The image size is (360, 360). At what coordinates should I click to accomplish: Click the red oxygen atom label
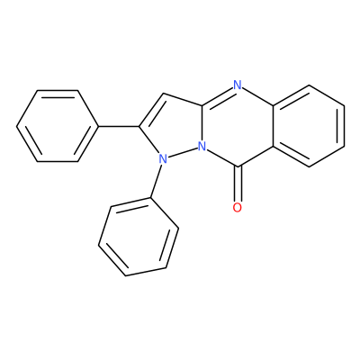coord(237,207)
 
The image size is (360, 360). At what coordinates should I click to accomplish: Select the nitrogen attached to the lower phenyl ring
coord(162,158)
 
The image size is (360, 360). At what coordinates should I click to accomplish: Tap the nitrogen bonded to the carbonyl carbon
coord(202,147)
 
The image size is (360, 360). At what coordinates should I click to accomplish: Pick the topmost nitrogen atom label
coord(237,85)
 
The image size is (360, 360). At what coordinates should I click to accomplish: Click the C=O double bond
coord(238,184)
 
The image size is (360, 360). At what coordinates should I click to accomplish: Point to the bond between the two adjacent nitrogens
coord(182,153)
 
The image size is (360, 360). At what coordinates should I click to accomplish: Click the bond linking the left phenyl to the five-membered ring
coord(119,126)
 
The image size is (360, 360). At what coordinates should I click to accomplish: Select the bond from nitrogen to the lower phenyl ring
coord(156,181)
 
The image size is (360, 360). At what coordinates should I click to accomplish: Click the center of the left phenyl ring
coord(58,126)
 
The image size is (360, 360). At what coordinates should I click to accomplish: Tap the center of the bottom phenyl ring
coord(139,237)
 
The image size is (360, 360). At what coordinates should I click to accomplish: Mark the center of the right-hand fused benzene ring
coord(309,126)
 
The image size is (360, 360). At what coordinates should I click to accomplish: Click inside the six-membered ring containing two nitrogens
coord(238,126)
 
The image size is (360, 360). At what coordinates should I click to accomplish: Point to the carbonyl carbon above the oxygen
coord(238,166)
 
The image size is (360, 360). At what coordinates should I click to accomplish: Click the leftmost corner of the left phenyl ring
coord(17,126)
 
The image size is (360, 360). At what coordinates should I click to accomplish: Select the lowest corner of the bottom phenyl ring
coord(126,275)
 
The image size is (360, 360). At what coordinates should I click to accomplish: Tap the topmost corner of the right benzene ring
coord(309,85)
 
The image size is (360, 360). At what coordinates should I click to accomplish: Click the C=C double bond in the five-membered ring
coord(152,110)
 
